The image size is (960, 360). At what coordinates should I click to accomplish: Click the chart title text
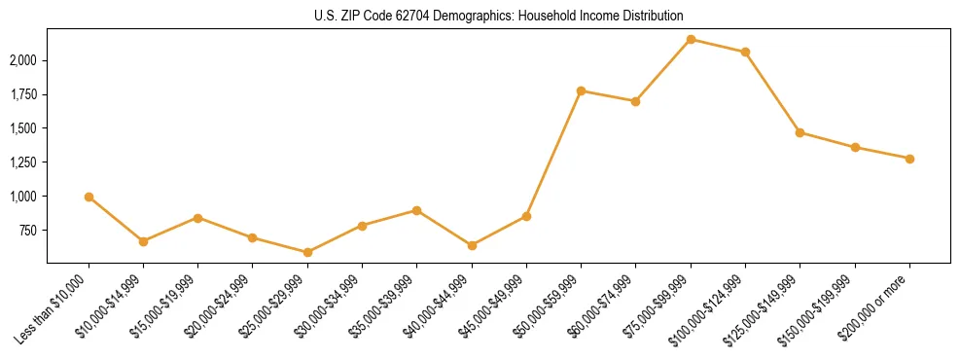point(498,17)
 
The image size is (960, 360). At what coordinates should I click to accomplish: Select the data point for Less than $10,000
point(89,197)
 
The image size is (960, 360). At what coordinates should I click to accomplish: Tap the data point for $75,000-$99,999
point(691,39)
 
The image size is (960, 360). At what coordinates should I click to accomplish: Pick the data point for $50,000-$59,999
point(581,90)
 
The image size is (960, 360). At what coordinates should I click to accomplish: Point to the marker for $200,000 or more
point(909,159)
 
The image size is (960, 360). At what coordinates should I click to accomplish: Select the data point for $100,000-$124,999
point(745,52)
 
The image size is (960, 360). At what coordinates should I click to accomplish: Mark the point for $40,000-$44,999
point(472,245)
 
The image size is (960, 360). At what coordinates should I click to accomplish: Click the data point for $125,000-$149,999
point(800,132)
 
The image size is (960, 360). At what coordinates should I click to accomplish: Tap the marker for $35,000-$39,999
point(417,210)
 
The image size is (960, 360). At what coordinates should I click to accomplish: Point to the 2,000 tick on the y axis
point(23,60)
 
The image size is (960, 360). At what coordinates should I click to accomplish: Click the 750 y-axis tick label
point(29,231)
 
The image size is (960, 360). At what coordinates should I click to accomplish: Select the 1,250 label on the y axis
point(23,162)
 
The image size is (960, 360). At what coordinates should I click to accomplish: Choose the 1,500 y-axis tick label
point(23,128)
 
